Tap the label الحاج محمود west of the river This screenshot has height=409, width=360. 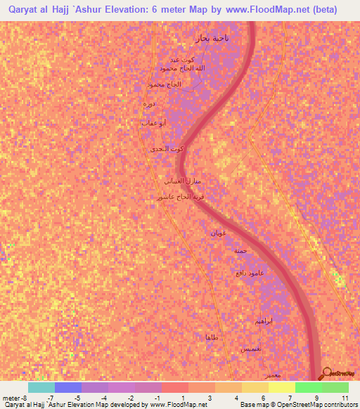(164, 84)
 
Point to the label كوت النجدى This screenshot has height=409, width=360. (167, 150)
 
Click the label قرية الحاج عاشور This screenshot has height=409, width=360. (183, 197)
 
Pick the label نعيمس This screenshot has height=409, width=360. (252, 349)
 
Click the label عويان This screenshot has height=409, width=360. (217, 233)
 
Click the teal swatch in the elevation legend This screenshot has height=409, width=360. (41, 387)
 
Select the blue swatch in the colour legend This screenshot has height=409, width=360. (68, 387)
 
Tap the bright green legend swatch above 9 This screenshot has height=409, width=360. (309, 387)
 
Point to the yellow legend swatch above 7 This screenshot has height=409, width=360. (282, 387)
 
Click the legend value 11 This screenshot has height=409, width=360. (344, 398)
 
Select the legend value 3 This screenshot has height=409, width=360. (210, 398)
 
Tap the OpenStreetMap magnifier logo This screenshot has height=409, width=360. (327, 374)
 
